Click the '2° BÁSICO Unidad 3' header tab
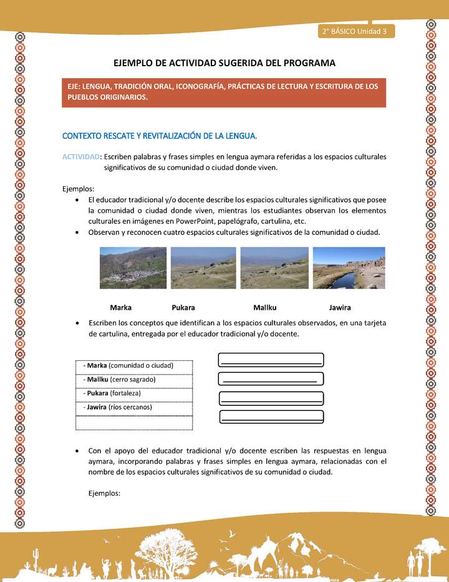coord(354,31)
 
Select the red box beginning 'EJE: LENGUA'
coord(224,91)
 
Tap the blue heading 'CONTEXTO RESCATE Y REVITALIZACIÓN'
coord(160,136)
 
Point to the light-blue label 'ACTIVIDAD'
coord(80,156)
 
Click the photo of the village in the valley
coord(133,268)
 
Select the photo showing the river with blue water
coord(349,268)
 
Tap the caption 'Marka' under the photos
coord(120,307)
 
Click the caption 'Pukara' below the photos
coord(183,307)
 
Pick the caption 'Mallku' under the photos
coord(264,307)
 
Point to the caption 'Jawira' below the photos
coord(340,307)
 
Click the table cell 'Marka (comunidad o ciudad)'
coord(133,365)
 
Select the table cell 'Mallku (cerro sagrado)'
coord(133,379)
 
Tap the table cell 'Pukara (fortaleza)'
coord(133,393)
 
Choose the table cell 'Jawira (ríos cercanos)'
coord(133,407)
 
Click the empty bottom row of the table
coord(133,423)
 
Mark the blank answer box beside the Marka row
coord(271,360)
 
